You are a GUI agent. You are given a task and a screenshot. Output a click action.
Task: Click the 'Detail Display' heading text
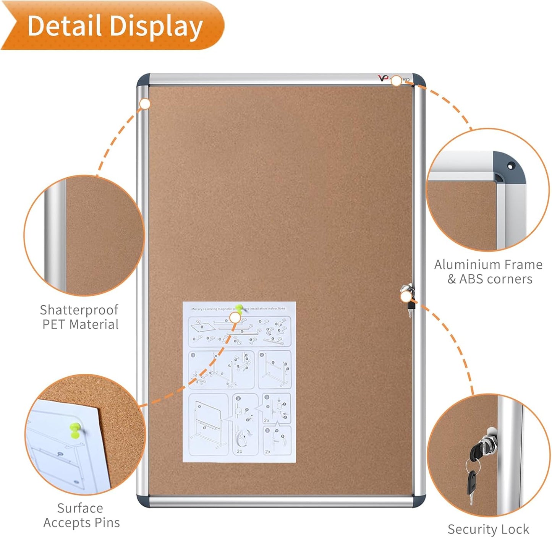pyautogui.click(x=115, y=26)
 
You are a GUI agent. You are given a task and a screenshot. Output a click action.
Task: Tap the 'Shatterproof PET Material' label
pyautogui.click(x=79, y=317)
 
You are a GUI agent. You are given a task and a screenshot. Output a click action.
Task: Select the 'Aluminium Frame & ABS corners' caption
pyautogui.click(x=489, y=272)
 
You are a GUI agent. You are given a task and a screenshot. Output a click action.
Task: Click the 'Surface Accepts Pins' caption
pyautogui.click(x=81, y=515)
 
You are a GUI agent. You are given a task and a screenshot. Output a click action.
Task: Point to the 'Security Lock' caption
pyautogui.click(x=488, y=529)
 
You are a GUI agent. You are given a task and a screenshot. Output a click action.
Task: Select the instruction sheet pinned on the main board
pyautogui.click(x=239, y=382)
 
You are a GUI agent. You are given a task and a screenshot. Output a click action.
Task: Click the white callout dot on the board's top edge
pyautogui.click(x=397, y=81)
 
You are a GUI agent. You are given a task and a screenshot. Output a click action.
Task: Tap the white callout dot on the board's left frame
pyautogui.click(x=145, y=104)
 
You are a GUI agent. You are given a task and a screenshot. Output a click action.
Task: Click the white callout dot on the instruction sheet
pyautogui.click(x=235, y=317)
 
